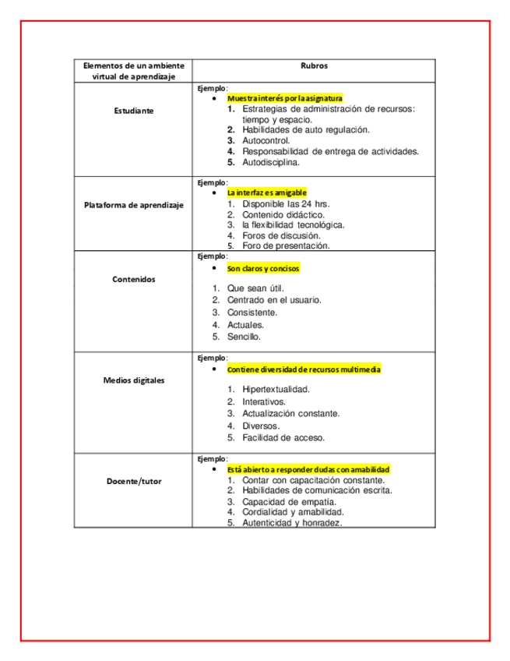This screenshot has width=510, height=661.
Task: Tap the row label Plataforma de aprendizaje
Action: [x=134, y=205]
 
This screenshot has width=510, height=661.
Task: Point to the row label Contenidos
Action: [x=134, y=279]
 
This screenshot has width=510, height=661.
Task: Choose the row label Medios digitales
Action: [x=134, y=380]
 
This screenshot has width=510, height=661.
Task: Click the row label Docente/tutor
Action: [x=134, y=481]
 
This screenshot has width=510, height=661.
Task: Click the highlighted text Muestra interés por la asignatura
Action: [x=284, y=99]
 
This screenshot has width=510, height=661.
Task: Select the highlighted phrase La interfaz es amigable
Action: [x=267, y=193]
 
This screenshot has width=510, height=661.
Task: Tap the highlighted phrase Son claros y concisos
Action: [x=263, y=268]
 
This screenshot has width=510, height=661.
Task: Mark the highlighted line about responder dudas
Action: [x=308, y=470]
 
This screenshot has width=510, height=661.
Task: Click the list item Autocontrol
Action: [x=266, y=141]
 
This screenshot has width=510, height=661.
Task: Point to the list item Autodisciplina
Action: [x=271, y=163]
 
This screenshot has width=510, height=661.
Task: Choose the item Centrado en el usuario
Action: [x=274, y=300]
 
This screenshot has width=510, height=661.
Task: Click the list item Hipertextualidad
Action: [x=276, y=389]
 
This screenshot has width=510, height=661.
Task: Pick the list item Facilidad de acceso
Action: [x=283, y=438]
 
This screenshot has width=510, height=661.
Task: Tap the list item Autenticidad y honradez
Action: [x=292, y=523]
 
